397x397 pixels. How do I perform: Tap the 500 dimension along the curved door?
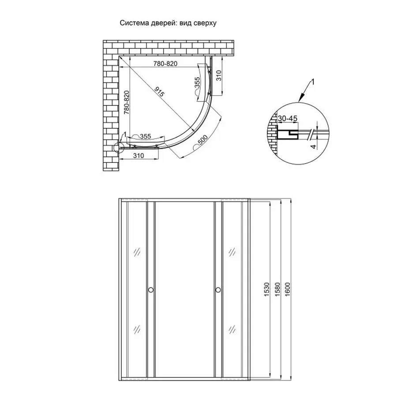point(203,142)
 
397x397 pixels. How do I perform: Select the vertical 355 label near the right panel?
point(198,84)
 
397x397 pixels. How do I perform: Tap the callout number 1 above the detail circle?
point(312,82)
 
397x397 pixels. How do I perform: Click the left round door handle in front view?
point(150,290)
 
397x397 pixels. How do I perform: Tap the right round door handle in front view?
point(218,290)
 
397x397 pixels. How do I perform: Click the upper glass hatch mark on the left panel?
point(136,252)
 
